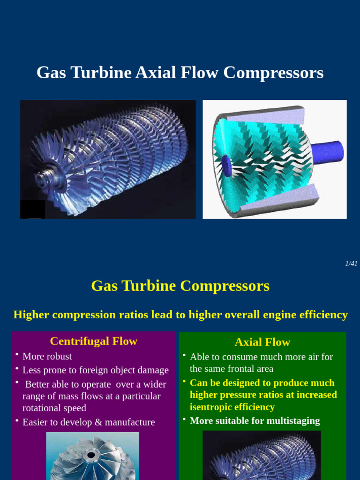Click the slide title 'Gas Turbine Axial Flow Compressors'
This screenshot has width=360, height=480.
pyautogui.click(x=180, y=73)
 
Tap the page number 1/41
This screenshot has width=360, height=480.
pyautogui.click(x=351, y=263)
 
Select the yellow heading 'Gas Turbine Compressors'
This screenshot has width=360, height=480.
pyautogui.click(x=180, y=285)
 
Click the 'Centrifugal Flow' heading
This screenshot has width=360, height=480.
pyautogui.click(x=93, y=341)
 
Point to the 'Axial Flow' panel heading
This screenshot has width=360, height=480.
pyautogui.click(x=262, y=342)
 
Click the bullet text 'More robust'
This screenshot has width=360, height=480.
pyautogui.click(x=47, y=356)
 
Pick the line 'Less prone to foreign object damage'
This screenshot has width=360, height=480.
pyautogui.click(x=95, y=370)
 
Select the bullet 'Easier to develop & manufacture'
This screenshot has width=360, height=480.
pyautogui.click(x=89, y=422)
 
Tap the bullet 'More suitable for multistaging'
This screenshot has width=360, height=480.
pyautogui.click(x=255, y=420)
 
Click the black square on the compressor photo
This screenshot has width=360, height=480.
pyautogui.click(x=33, y=209)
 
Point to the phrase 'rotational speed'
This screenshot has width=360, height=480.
pyautogui.click(x=54, y=408)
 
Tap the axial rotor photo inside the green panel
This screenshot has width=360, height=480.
pyautogui.click(x=262, y=457)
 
